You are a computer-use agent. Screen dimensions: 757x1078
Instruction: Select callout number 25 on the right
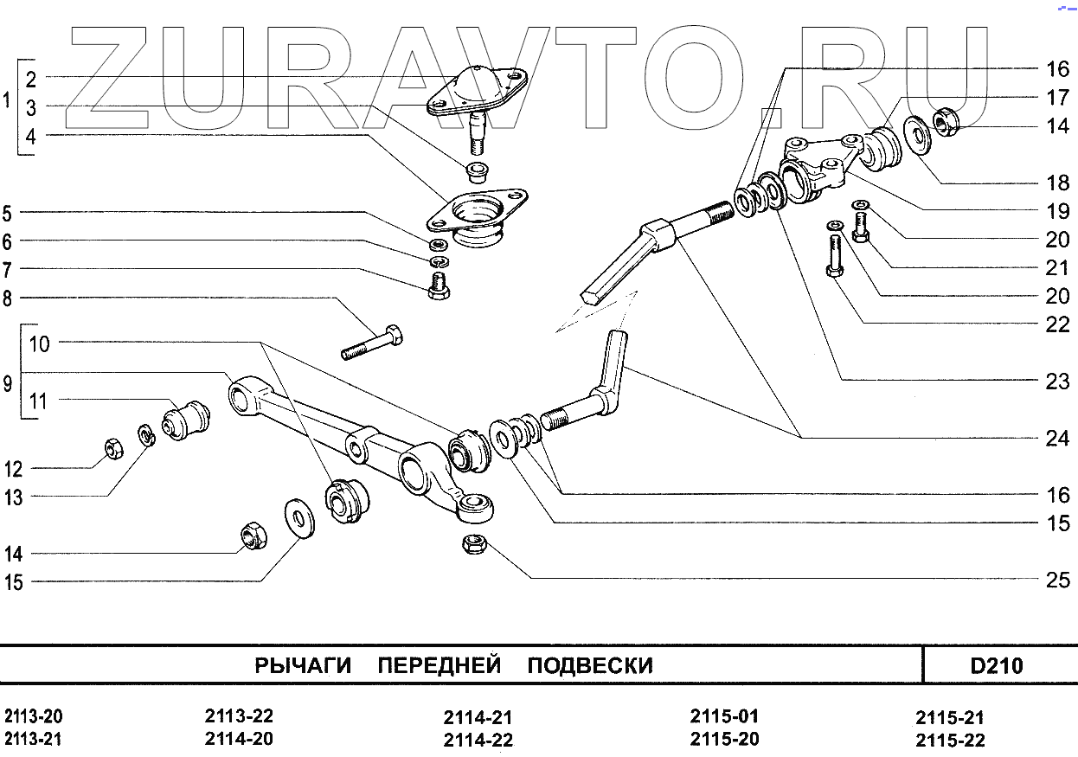point(1057,580)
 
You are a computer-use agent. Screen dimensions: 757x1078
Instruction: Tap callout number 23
point(1057,382)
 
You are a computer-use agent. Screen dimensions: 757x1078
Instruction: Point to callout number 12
point(13,470)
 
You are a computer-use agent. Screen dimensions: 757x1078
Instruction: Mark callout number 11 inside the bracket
point(39,401)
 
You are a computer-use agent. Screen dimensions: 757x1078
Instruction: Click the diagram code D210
point(997,666)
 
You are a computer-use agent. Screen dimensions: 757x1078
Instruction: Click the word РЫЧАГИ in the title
point(303,666)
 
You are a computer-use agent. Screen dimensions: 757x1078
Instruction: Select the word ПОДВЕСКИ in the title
point(590,666)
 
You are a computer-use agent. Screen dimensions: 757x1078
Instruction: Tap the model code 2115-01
point(724,716)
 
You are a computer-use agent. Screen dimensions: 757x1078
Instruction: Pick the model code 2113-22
point(239,716)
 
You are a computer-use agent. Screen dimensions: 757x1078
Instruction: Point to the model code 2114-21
point(478,718)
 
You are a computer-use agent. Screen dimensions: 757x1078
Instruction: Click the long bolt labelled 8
point(373,343)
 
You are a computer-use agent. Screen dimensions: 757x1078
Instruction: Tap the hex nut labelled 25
point(473,545)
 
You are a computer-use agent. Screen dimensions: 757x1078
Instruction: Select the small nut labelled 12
point(112,448)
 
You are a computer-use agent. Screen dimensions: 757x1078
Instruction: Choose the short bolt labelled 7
point(439,286)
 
